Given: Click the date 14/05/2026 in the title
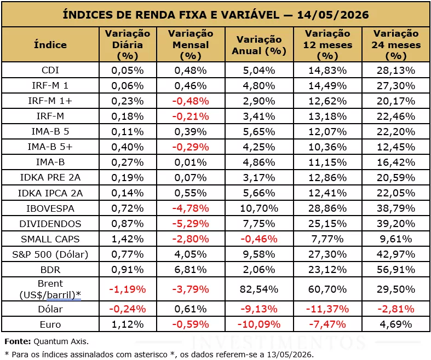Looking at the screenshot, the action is [333, 15].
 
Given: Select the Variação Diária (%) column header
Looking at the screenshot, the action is [128, 44].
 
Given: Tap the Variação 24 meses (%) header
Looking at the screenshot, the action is [396, 44].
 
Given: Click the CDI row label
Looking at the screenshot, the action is [50, 70].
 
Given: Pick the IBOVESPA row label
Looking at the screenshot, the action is [50, 208].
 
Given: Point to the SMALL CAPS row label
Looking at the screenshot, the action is [50, 239].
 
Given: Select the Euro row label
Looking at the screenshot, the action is [50, 324].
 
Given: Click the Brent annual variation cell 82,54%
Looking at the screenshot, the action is [259, 289].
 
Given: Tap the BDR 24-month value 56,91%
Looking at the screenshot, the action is [396, 270].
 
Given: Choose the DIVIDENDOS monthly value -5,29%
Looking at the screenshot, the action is [191, 224].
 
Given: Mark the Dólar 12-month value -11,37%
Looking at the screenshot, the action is [327, 309].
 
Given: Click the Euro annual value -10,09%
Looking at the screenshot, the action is [259, 324].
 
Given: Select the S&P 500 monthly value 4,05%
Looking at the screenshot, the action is [191, 254].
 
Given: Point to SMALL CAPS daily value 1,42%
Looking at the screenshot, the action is [128, 239].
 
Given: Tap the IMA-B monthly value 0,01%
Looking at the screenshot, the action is [191, 162].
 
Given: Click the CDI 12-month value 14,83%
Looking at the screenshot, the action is [327, 70].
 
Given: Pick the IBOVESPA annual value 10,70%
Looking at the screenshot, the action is [259, 208].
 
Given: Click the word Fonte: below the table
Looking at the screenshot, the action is [18, 341].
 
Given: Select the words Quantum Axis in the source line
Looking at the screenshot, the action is [60, 341].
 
